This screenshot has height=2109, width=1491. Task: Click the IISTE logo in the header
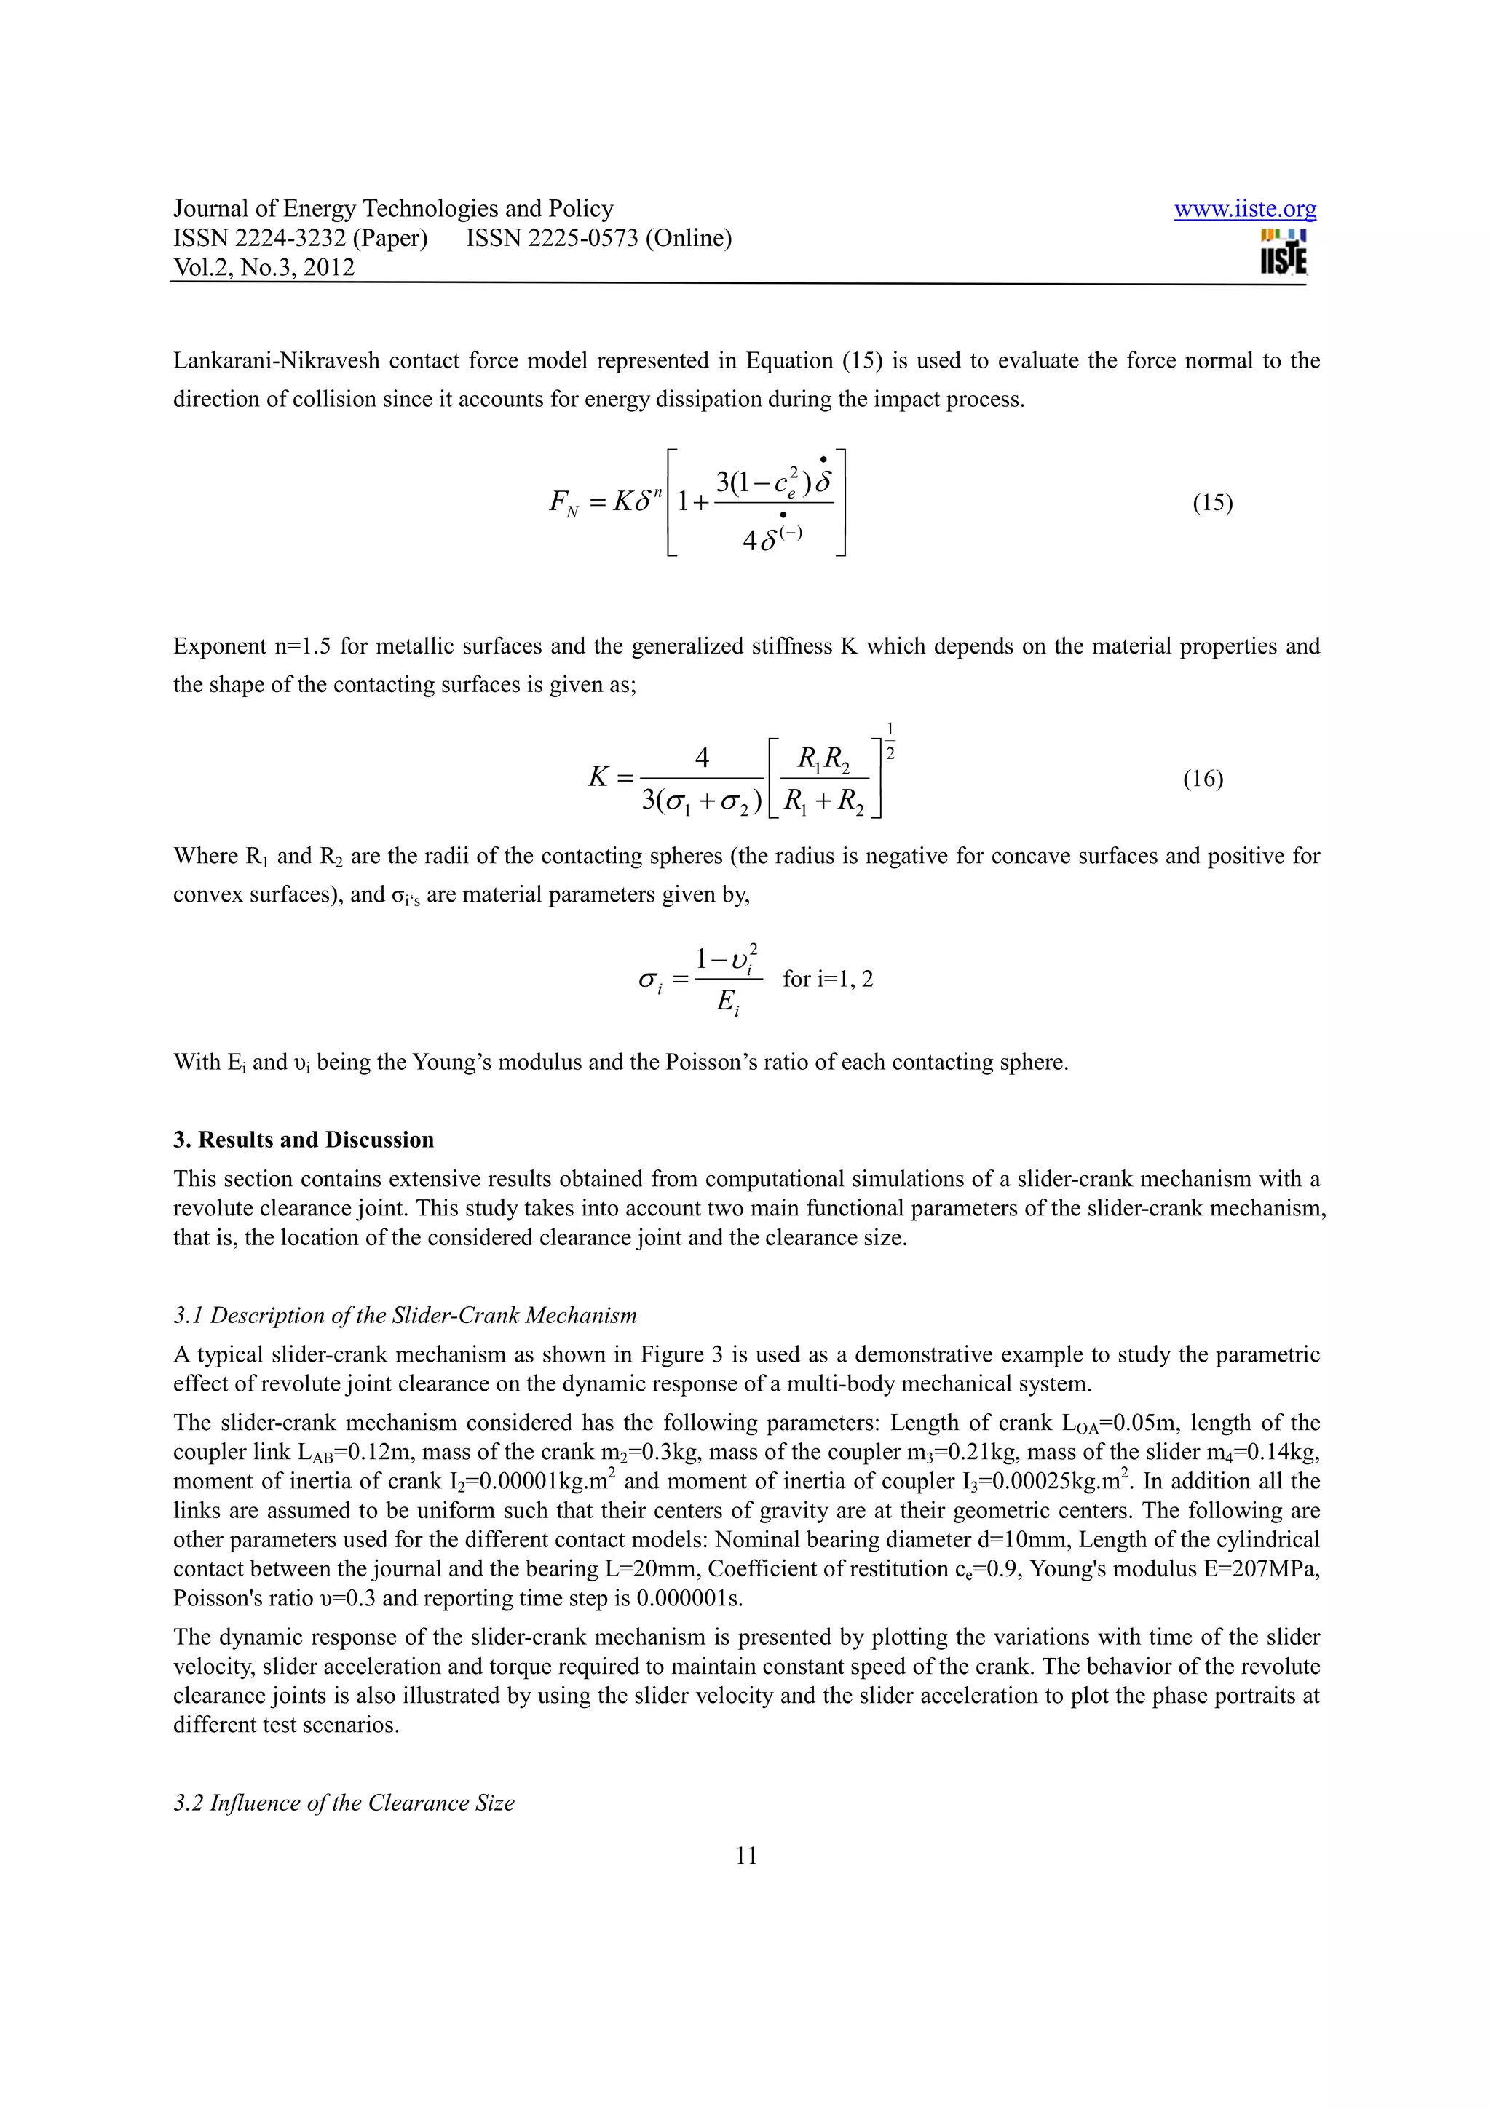click(1284, 252)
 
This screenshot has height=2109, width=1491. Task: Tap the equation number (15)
click(1213, 502)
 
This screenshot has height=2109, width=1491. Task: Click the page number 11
click(746, 1856)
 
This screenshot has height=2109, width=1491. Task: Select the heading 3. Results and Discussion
click(303, 1140)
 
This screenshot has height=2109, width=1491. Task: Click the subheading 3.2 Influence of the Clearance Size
click(344, 1802)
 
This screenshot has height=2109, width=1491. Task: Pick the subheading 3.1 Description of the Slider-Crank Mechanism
click(405, 1315)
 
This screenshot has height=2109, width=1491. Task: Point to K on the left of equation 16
click(598, 778)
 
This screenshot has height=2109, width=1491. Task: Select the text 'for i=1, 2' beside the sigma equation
click(828, 980)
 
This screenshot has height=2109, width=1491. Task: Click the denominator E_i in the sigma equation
click(727, 1003)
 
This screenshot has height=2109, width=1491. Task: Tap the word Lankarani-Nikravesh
click(276, 361)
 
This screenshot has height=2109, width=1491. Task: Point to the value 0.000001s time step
click(689, 1598)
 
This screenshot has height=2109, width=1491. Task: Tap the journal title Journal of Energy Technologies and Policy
click(393, 210)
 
